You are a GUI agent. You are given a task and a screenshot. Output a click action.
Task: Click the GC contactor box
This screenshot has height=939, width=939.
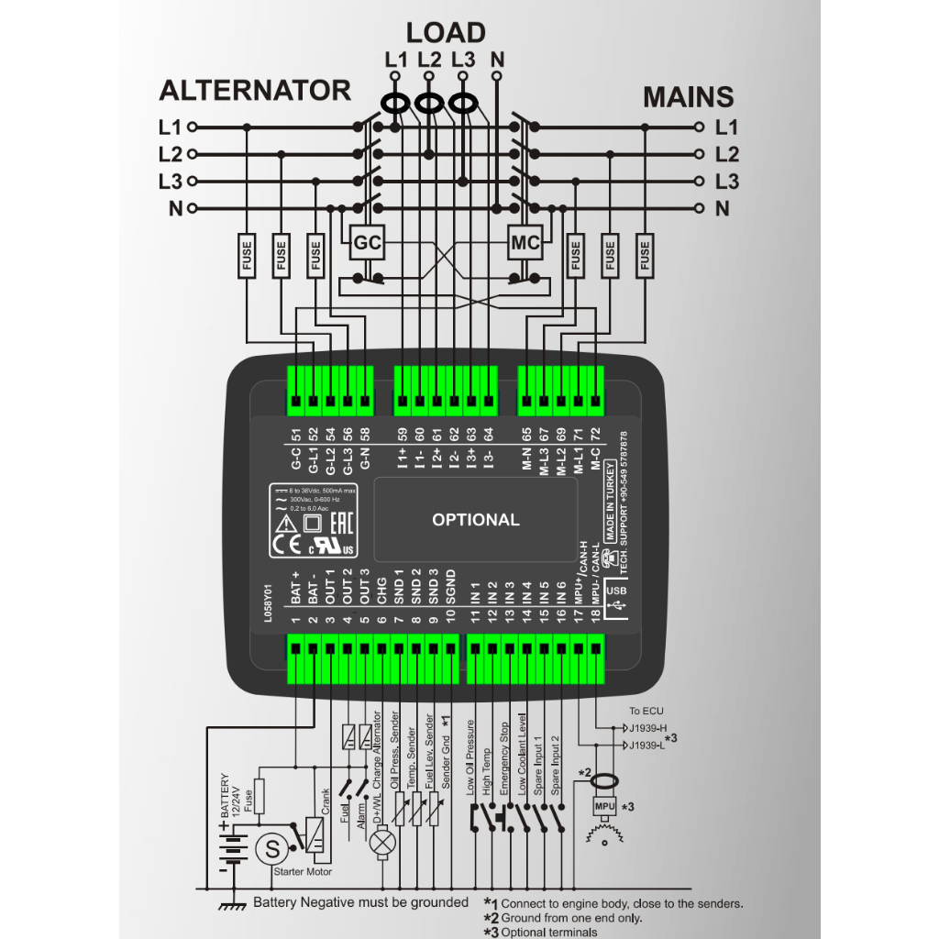point(368,244)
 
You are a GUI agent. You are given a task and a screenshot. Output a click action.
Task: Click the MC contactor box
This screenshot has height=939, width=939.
point(525,244)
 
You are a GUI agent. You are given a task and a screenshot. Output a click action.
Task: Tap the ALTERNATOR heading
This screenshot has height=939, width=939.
point(255,91)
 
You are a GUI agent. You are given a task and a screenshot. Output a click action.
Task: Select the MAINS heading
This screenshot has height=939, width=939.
point(688,97)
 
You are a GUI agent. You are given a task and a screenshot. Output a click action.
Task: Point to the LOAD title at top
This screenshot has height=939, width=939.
point(446,33)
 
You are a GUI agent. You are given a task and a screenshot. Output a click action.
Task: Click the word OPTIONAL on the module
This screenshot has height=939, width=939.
point(475,520)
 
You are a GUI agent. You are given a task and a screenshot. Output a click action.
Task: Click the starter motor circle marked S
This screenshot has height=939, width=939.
point(271,849)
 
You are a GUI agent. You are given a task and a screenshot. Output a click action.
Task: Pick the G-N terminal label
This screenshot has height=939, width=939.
point(365,453)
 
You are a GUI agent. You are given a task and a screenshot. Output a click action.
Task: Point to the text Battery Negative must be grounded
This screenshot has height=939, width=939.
point(360,903)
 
